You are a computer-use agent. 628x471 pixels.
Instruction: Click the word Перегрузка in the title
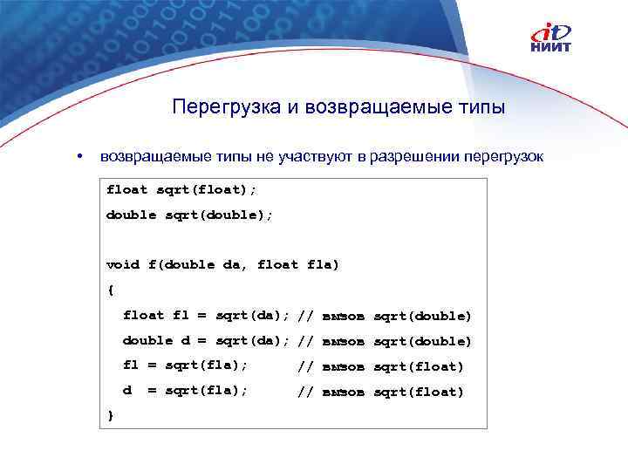tap(225, 107)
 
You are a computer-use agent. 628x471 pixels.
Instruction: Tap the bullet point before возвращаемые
tap(79, 157)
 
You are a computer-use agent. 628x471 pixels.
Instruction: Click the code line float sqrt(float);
tap(181, 188)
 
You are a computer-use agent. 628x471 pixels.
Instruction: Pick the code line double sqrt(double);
tap(189, 214)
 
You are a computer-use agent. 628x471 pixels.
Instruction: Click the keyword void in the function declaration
tap(122, 264)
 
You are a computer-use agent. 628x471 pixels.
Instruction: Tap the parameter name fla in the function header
tap(323, 264)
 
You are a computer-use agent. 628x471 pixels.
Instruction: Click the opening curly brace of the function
tap(110, 290)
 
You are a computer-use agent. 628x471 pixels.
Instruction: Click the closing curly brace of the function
tap(110, 416)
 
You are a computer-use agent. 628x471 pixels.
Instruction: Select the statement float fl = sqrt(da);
tap(206, 315)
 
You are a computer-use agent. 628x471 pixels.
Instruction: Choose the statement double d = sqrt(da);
tap(206, 340)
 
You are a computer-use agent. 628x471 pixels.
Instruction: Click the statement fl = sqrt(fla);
tap(185, 365)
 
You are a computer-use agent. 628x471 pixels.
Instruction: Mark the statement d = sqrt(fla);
tap(185, 392)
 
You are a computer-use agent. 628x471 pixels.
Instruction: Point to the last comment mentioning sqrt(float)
tap(380, 392)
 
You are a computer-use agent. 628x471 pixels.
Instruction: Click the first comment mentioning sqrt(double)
tap(384, 315)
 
